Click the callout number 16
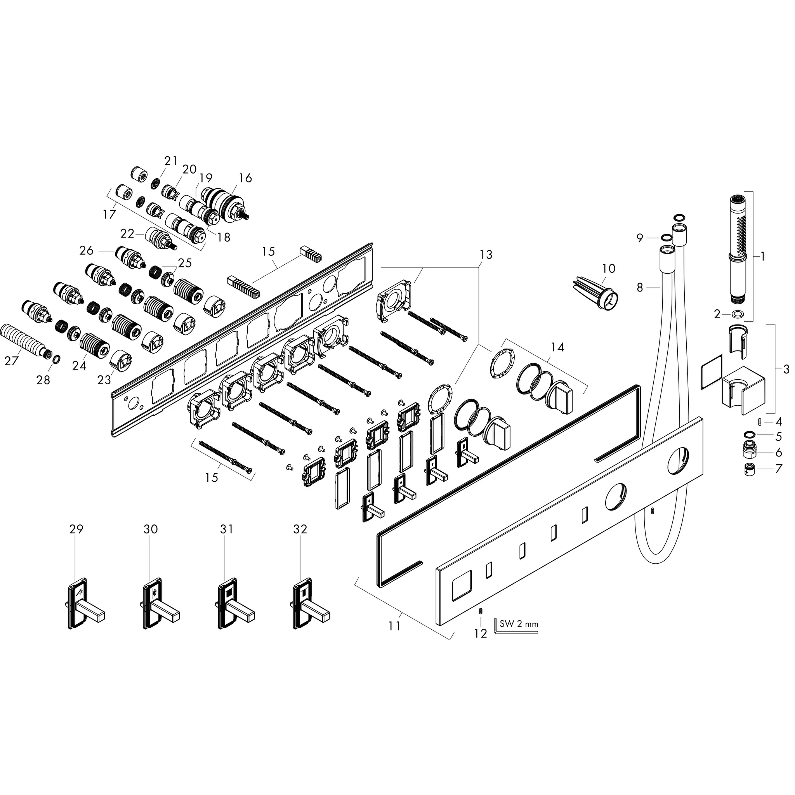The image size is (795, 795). pyautogui.click(x=245, y=178)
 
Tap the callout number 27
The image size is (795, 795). pyautogui.click(x=12, y=361)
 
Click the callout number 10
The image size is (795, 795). pyautogui.click(x=609, y=268)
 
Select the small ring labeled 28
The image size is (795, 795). pyautogui.click(x=57, y=359)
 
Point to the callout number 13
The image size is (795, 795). pyautogui.click(x=486, y=255)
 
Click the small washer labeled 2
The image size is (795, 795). pyautogui.click(x=738, y=315)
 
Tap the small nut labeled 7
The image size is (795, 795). pyautogui.click(x=752, y=470)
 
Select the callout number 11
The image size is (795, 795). pyautogui.click(x=394, y=626)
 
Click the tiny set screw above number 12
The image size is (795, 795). pyautogui.click(x=480, y=611)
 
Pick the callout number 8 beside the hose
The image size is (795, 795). pyautogui.click(x=639, y=287)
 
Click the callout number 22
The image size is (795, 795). pyautogui.click(x=127, y=233)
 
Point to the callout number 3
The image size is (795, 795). pyautogui.click(x=786, y=369)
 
